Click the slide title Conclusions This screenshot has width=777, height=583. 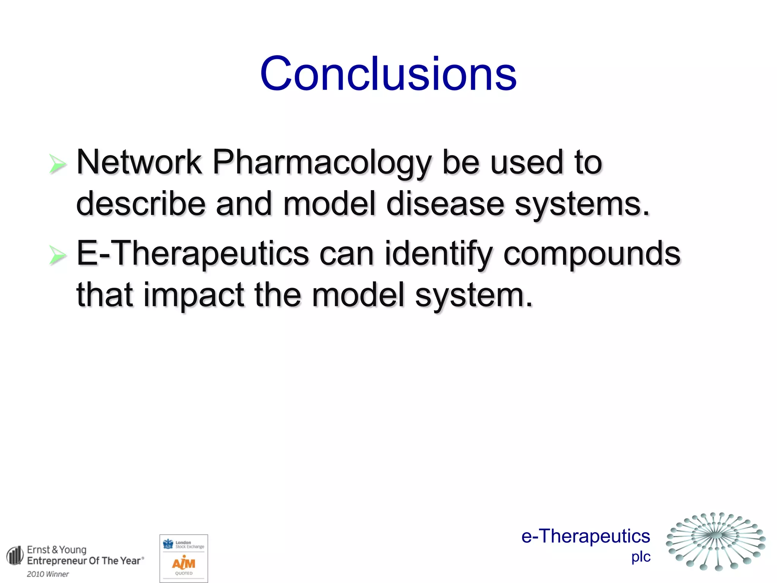pyautogui.click(x=388, y=74)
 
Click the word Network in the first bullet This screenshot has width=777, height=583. pyautogui.click(x=139, y=162)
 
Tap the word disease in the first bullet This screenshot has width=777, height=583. pyautogui.click(x=445, y=204)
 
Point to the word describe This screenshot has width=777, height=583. pyautogui.click(x=141, y=204)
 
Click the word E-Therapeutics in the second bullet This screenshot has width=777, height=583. pyautogui.click(x=193, y=254)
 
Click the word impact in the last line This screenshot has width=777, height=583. pyautogui.click(x=193, y=295)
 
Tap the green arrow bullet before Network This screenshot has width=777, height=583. pyautogui.click(x=58, y=164)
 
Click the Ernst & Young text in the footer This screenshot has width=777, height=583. pyautogui.click(x=57, y=550)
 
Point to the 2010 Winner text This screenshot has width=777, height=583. pyautogui.click(x=48, y=574)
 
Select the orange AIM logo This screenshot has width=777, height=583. pyautogui.click(x=184, y=563)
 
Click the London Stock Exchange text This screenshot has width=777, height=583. pyautogui.click(x=189, y=545)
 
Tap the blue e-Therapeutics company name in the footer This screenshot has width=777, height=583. pyautogui.click(x=585, y=536)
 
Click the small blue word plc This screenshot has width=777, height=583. pyautogui.click(x=641, y=557)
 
